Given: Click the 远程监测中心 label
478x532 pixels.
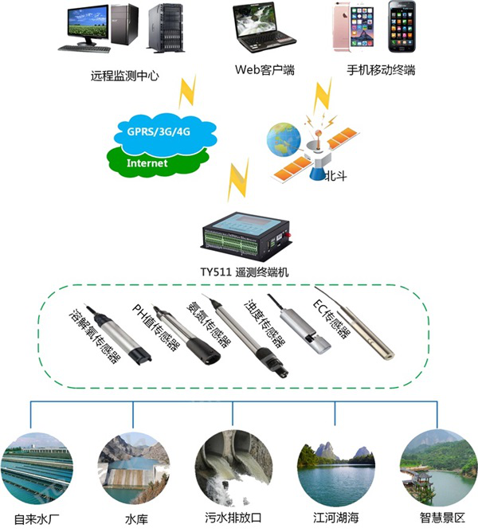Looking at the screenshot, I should tap(125, 76).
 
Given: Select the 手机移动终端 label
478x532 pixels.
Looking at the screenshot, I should tap(381, 70).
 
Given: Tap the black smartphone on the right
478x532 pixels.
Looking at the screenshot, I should tap(402, 29).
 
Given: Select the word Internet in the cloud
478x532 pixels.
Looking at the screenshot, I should tap(147, 163).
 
